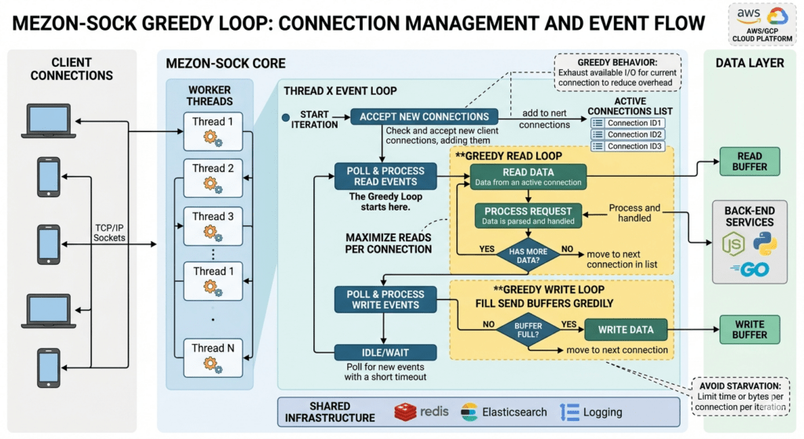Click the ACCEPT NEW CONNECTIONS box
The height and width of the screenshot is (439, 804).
click(x=424, y=117)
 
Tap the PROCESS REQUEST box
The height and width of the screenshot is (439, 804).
click(x=528, y=215)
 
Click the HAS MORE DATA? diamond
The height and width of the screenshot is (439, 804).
click(x=528, y=254)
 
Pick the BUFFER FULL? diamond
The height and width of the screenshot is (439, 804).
click(x=528, y=329)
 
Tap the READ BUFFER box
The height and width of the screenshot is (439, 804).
click(x=749, y=159)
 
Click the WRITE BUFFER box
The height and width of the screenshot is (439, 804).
click(x=749, y=329)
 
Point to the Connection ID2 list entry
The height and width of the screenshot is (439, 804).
click(x=627, y=134)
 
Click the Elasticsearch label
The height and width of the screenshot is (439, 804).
click(x=513, y=412)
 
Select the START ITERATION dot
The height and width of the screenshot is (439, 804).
click(x=286, y=119)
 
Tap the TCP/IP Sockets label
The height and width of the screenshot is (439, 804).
click(x=109, y=232)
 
